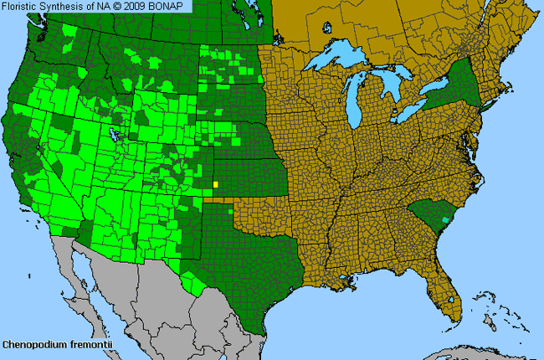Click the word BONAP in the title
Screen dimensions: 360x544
(x=172, y=7)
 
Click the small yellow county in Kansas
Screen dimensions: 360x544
(x=216, y=184)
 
